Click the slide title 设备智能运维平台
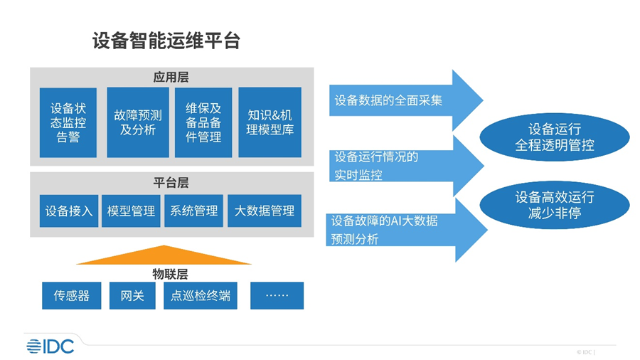pyautogui.click(x=166, y=41)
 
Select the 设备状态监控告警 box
pyautogui.click(x=68, y=122)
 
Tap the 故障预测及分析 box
pyautogui.click(x=138, y=122)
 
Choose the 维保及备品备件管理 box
pyautogui.click(x=203, y=122)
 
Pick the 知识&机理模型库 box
pyautogui.click(x=270, y=122)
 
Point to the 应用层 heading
pyautogui.click(x=171, y=77)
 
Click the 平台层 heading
pyautogui.click(x=171, y=182)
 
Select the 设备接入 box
pyautogui.click(x=69, y=211)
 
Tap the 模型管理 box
pyautogui.click(x=131, y=211)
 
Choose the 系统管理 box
pyautogui.click(x=194, y=211)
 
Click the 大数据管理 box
pyautogui.click(x=265, y=211)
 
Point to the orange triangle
pyautogui.click(x=164, y=257)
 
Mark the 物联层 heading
pyautogui.click(x=170, y=274)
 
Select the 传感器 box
pyautogui.click(x=71, y=295)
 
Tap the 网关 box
pyautogui.click(x=132, y=295)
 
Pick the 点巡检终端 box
pyautogui.click(x=201, y=295)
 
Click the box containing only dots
pyautogui.click(x=277, y=295)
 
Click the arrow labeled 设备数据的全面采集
pyautogui.click(x=406, y=100)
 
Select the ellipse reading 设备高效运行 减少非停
pyautogui.click(x=554, y=205)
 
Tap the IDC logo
pyautogui.click(x=50, y=346)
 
